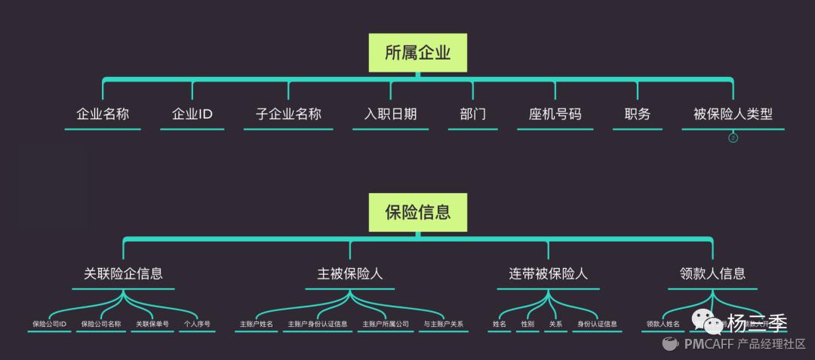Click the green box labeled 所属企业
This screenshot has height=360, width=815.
(417, 53)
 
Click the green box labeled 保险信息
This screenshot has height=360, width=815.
(417, 212)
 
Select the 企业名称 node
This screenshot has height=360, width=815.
(103, 115)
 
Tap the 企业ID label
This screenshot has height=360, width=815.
(192, 115)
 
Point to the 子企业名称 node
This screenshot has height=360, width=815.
(288, 115)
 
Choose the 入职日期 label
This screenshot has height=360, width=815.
(390, 115)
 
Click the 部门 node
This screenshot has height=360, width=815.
(472, 115)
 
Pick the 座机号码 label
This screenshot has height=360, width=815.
(555, 115)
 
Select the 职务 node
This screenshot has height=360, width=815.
(637, 115)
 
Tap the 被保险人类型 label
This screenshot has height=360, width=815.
(733, 115)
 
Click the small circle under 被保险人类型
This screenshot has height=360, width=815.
(733, 138)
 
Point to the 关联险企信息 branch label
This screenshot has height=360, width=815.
(123, 274)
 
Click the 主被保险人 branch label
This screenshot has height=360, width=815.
(350, 274)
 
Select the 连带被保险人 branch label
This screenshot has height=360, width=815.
(549, 274)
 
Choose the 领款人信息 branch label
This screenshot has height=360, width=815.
(712, 274)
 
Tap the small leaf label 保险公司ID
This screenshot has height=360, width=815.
(50, 324)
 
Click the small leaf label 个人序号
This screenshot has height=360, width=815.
(195, 324)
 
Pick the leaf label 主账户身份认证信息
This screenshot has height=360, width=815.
(318, 324)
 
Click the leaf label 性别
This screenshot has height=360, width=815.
(527, 324)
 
